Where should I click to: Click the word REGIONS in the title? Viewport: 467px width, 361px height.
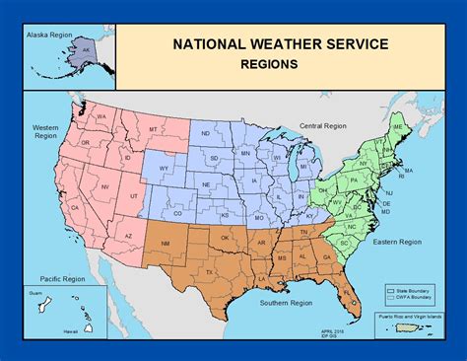pos(267,63)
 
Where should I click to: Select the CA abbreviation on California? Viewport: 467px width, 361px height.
pos(74,209)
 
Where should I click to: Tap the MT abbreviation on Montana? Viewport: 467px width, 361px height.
pos(153,129)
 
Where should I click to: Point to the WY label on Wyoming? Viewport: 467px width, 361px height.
pos(165,169)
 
